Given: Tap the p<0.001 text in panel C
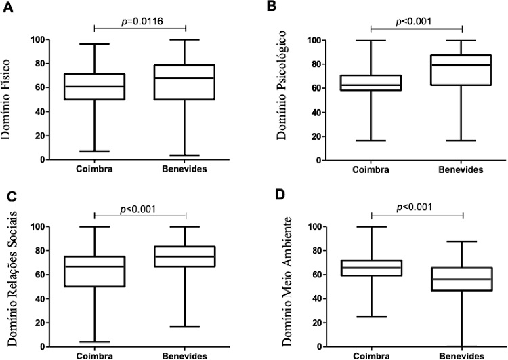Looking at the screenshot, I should [140, 208].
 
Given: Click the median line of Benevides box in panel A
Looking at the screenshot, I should [186, 78].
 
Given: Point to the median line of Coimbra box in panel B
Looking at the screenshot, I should [371, 85].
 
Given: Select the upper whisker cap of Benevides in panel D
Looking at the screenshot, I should [462, 241].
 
